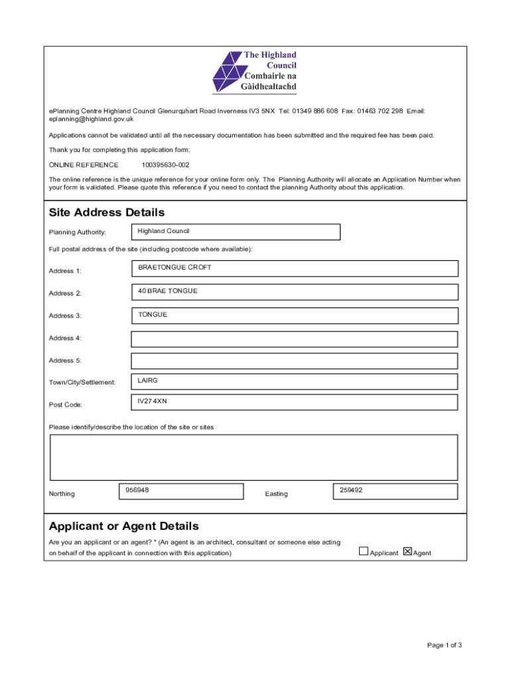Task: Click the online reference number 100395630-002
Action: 161,165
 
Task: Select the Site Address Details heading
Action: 107,212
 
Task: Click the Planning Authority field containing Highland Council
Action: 236,232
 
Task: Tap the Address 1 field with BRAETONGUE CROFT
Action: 294,268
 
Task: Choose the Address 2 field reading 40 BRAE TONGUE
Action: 294,292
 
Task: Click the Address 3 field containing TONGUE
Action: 294,315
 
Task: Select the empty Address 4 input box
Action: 294,339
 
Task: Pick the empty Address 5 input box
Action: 294,361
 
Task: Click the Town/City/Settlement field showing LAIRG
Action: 294,381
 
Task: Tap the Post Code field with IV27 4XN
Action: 294,402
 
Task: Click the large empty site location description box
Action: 254,457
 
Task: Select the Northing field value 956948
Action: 181,491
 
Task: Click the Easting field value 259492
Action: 395,491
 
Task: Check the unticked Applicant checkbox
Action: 363,551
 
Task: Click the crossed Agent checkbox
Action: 407,551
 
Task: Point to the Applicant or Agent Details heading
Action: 123,527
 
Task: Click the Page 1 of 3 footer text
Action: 444,645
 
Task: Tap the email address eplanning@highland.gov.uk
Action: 91,120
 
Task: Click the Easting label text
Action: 276,494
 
